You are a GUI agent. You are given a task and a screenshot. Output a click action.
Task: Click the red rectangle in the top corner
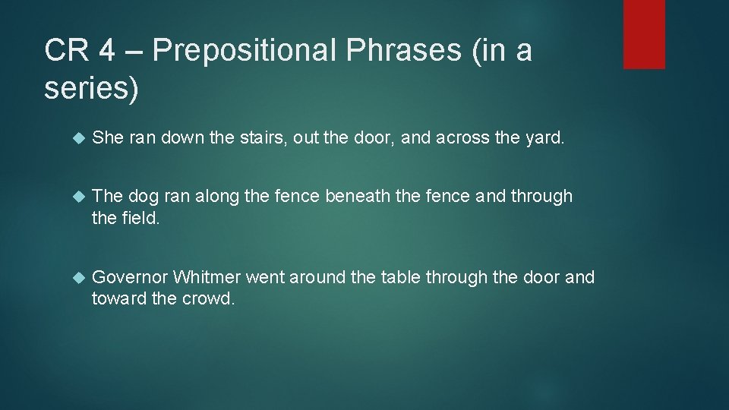click(644, 34)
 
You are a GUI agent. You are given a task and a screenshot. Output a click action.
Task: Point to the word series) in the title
click(92, 89)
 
